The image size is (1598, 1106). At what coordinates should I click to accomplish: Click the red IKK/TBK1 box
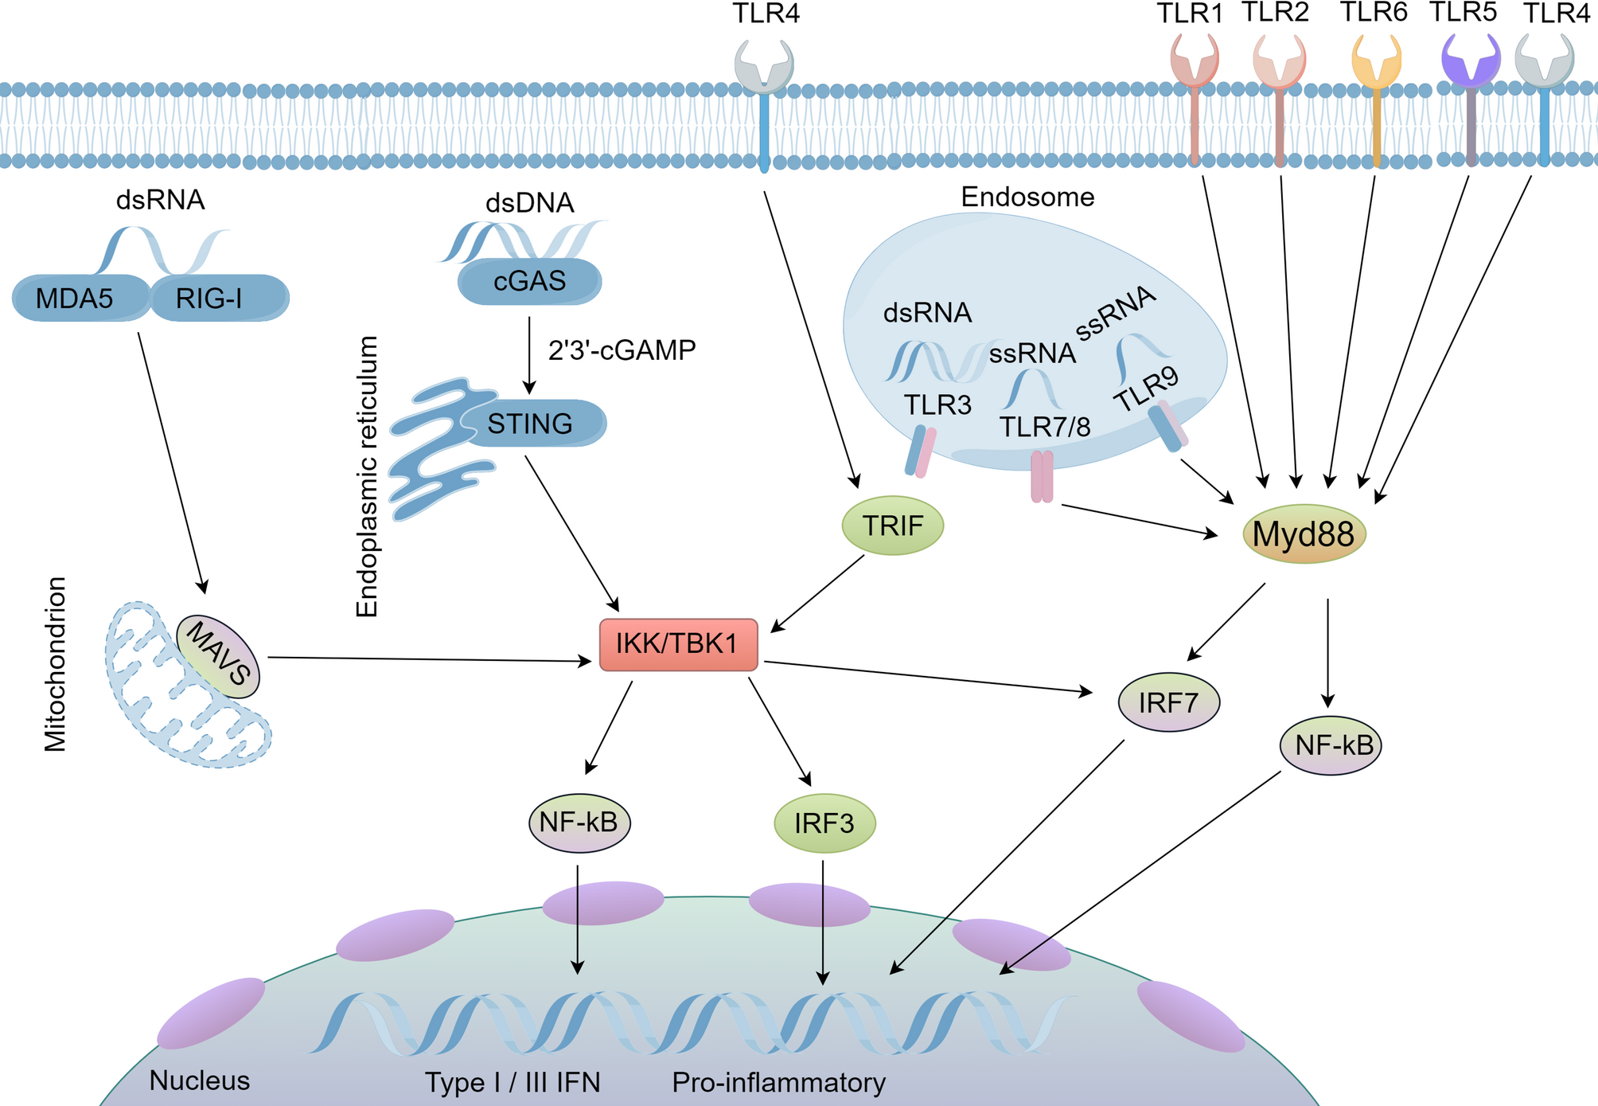(678, 644)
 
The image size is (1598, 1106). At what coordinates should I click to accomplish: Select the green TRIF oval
(893, 526)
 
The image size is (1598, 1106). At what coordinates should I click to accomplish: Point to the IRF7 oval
(1168, 703)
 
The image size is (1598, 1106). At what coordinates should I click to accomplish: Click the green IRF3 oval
(824, 823)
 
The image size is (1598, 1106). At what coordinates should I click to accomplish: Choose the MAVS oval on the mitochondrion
(218, 656)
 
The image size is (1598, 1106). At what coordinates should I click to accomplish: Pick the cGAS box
(529, 281)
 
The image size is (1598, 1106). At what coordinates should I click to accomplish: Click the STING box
(532, 424)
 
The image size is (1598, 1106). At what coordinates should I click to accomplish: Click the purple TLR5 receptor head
(1471, 61)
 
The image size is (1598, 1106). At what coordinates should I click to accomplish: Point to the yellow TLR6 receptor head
(1376, 62)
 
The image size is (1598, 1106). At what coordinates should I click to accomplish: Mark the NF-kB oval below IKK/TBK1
(579, 823)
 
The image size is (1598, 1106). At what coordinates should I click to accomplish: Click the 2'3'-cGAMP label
(622, 350)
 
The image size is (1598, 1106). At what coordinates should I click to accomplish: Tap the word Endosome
(1027, 197)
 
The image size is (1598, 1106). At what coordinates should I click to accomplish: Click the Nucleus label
(199, 1081)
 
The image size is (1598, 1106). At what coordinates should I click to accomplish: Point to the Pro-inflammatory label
(778, 1083)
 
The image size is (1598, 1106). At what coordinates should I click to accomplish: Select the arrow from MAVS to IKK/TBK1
(430, 659)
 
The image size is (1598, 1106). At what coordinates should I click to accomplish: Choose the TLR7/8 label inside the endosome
(1045, 428)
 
